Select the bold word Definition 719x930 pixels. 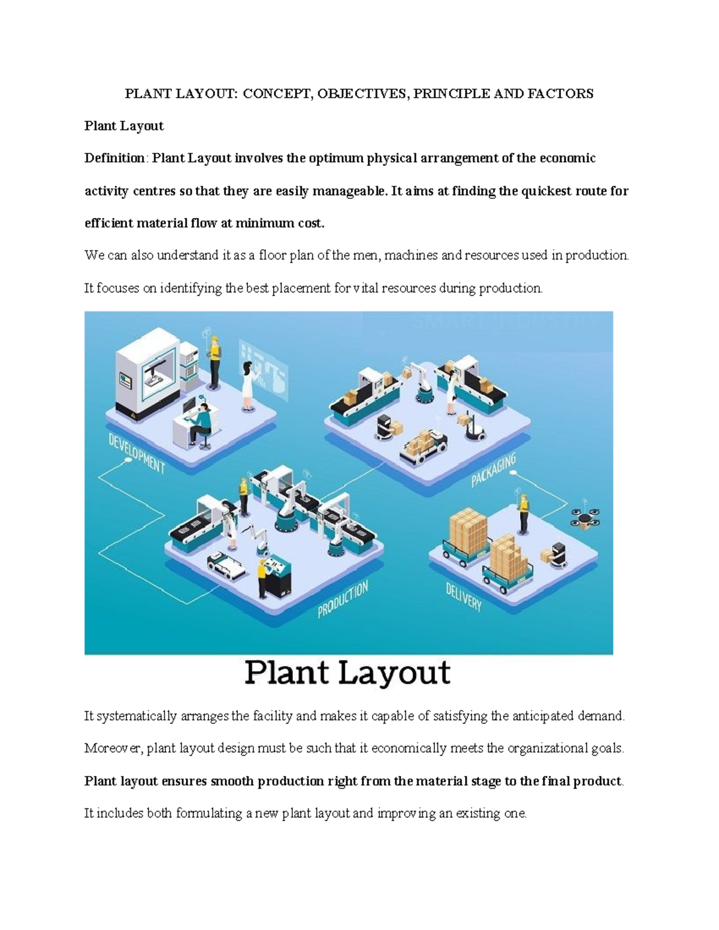click(114, 158)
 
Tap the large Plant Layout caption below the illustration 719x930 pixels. click(348, 673)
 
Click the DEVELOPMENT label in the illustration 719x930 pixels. click(137, 453)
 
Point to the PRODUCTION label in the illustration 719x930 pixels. click(343, 599)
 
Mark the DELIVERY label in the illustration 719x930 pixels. click(464, 596)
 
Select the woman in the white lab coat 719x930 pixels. click(247, 386)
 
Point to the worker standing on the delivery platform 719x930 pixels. click(524, 513)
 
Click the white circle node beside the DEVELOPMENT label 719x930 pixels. click(128, 461)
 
